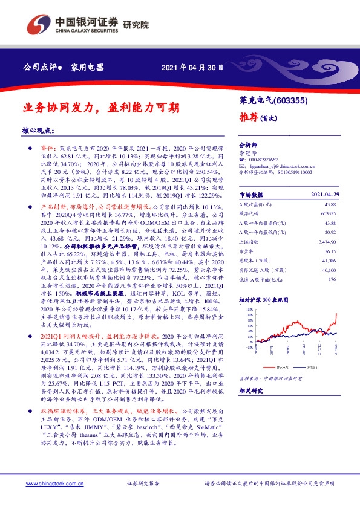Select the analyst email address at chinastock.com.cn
287,166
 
